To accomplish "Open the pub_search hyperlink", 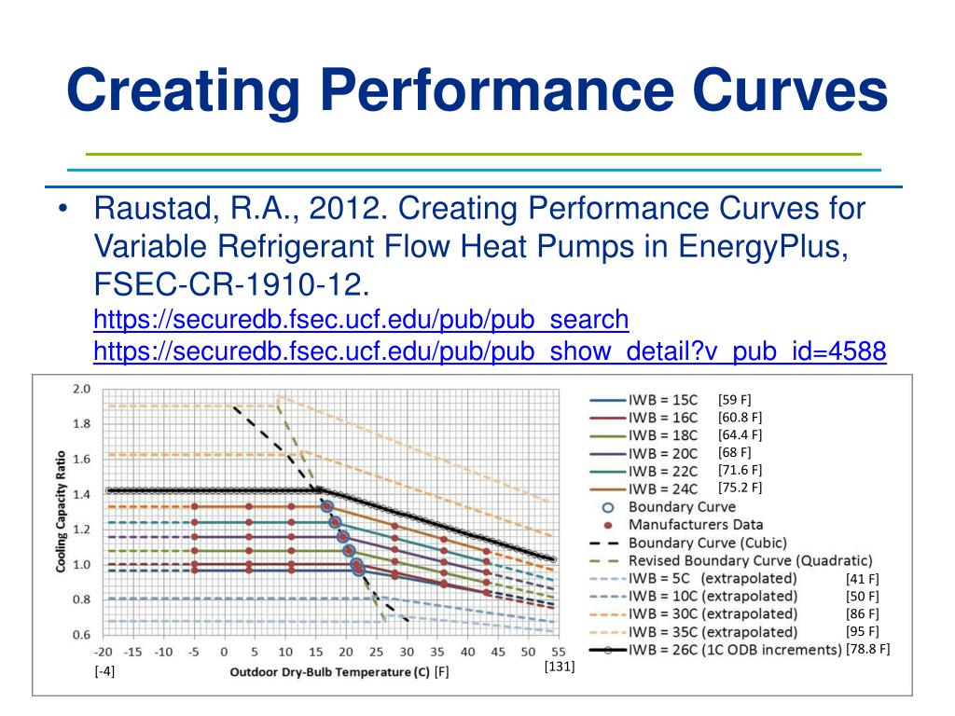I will (362, 321).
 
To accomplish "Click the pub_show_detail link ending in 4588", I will (490, 352).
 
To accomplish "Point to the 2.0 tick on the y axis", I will (83, 389).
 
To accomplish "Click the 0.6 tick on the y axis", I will (83, 635).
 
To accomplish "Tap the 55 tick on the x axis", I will (554, 653).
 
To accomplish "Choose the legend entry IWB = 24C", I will (663, 489).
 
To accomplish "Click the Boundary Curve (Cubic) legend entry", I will (708, 543).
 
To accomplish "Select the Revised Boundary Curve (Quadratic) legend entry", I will (750, 560).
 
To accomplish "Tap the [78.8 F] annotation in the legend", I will (868, 649).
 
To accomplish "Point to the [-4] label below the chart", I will (104, 670).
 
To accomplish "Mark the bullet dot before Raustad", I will (61, 208).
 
